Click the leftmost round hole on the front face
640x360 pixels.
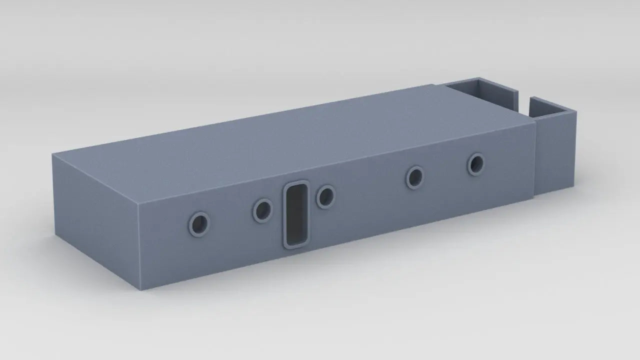199,224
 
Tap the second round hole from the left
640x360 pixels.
262,210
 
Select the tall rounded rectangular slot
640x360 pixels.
296,214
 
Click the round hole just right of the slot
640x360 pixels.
326,196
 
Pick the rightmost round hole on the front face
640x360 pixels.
476,164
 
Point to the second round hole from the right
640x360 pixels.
415,177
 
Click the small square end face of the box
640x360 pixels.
95,220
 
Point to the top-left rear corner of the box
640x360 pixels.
53,154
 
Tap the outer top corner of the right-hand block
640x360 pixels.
576,111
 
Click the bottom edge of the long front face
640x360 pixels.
340,242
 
